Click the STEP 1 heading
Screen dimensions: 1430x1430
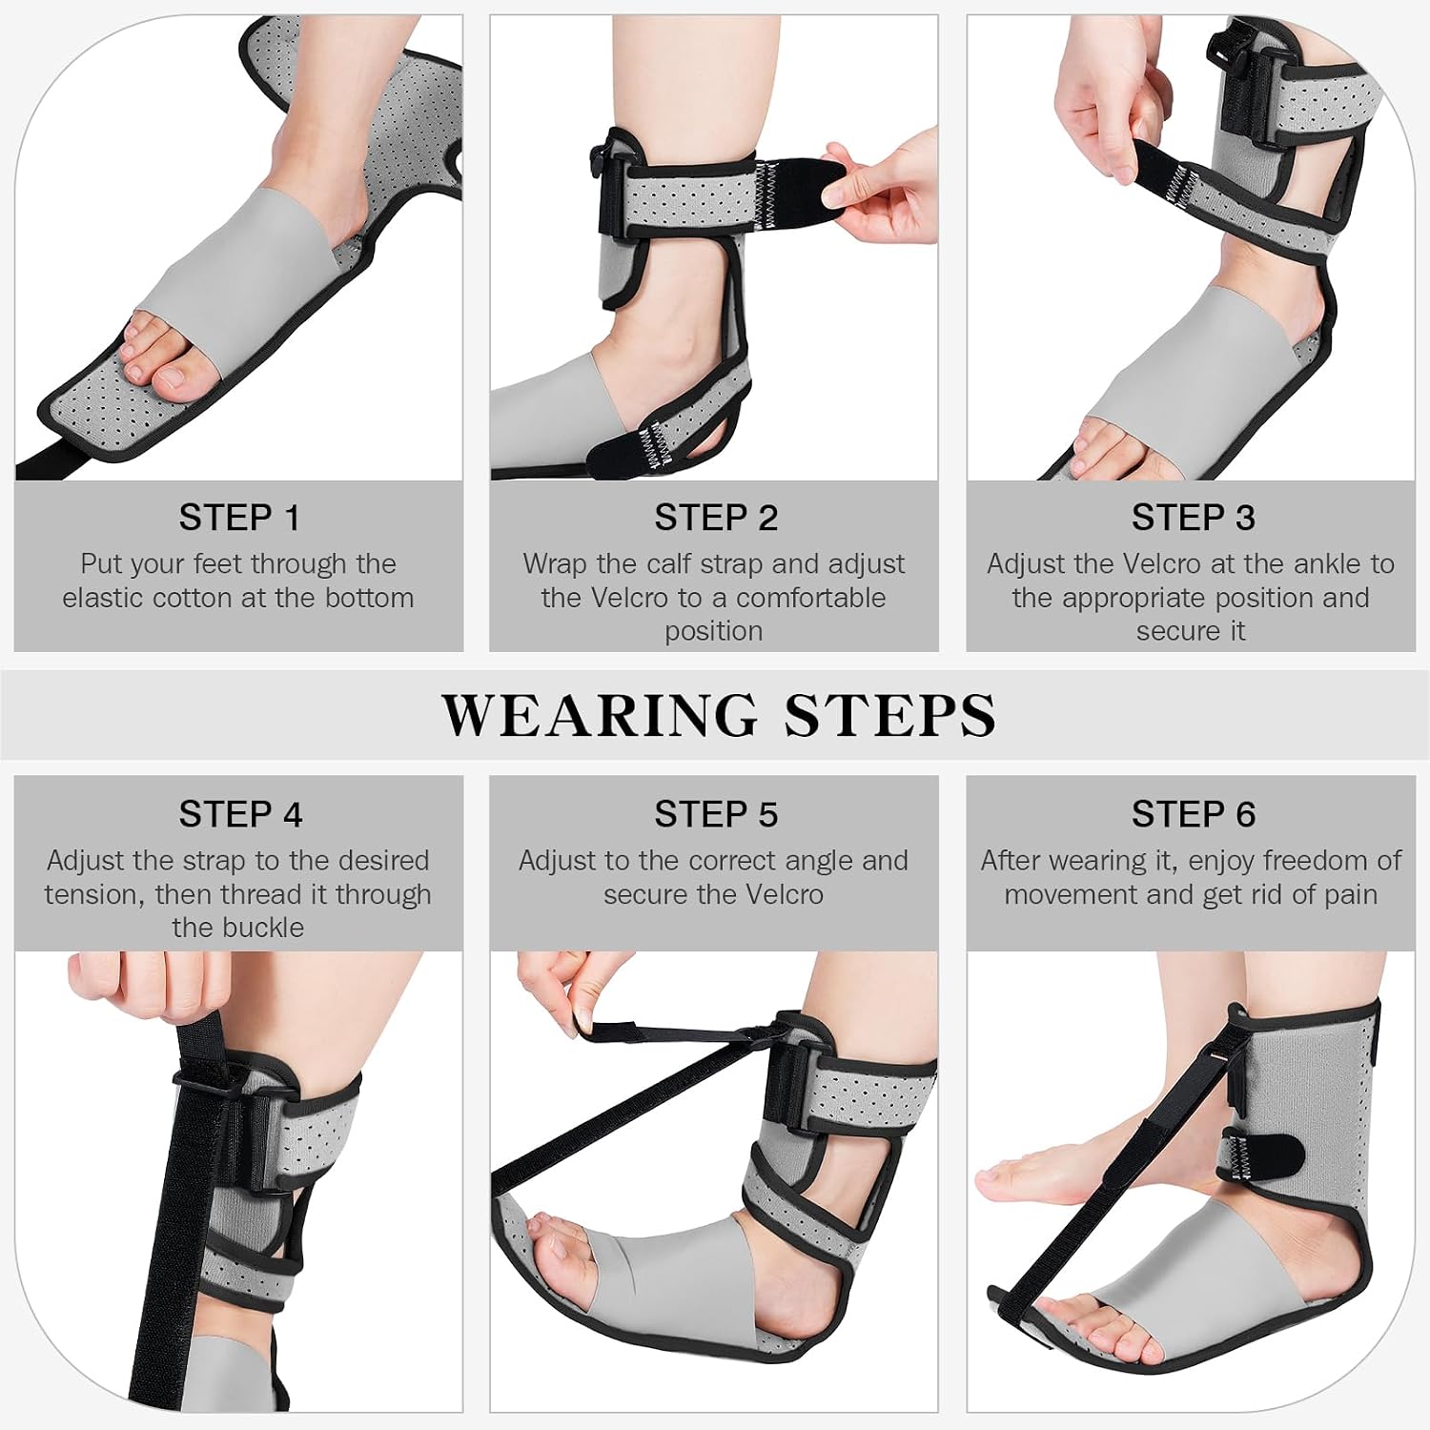[x=239, y=518]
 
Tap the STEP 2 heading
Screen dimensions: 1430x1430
[x=716, y=518]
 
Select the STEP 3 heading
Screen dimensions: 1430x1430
[x=1193, y=518]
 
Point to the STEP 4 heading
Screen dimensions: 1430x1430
[x=240, y=815]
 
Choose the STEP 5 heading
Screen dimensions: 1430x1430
[x=716, y=815]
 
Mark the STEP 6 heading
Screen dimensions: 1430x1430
[x=1194, y=815]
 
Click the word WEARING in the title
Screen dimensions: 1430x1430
[x=600, y=715]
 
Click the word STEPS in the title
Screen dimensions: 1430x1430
[x=890, y=715]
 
